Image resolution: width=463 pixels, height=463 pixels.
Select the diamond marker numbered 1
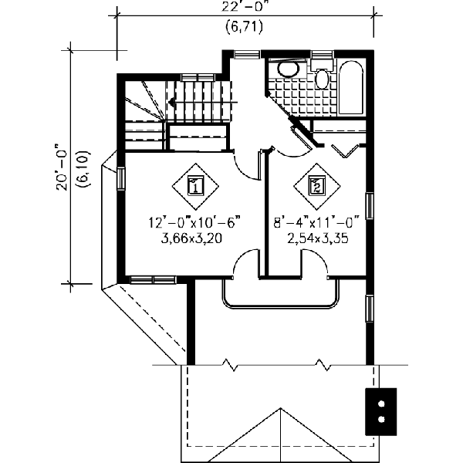tap(194, 185)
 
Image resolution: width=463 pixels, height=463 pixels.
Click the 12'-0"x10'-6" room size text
tap(195, 222)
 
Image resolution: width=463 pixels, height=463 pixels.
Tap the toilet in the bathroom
tap(323, 77)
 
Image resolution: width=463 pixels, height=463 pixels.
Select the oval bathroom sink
tap(288, 69)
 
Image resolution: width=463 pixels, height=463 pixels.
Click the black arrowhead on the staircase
tap(169, 100)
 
